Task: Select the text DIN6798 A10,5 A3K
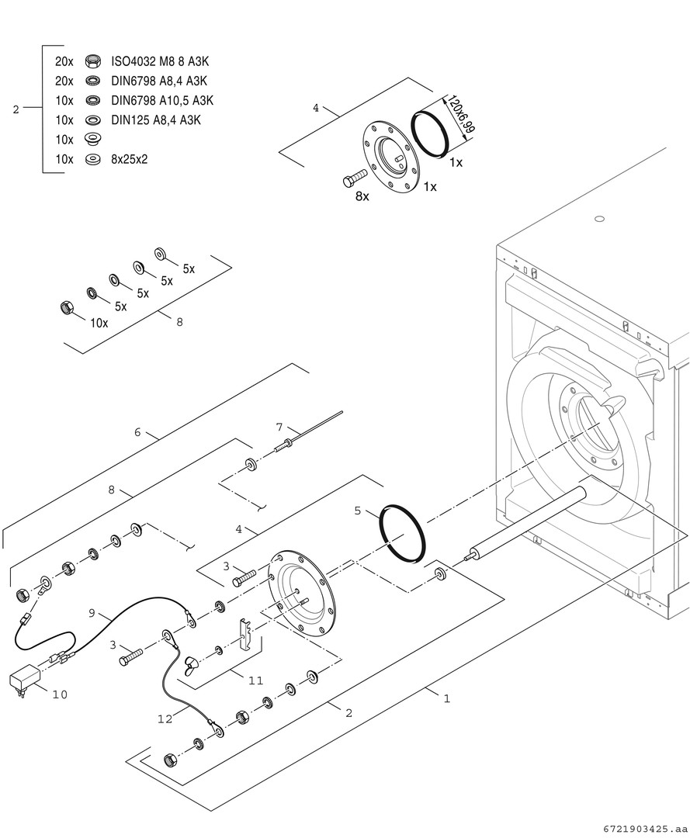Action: tap(161, 100)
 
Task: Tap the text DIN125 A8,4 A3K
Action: tap(156, 119)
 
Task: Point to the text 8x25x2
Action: tap(129, 159)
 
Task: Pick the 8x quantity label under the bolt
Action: tap(362, 196)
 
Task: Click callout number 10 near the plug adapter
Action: tap(60, 694)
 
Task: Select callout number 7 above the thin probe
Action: tap(280, 427)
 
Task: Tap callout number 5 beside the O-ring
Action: tap(357, 511)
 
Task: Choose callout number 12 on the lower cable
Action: tap(165, 719)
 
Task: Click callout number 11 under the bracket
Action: tap(256, 680)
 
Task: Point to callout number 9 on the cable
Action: tap(92, 613)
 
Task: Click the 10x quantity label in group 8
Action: tap(99, 323)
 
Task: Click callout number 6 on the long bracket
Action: tap(137, 432)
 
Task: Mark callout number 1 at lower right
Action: tap(446, 698)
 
